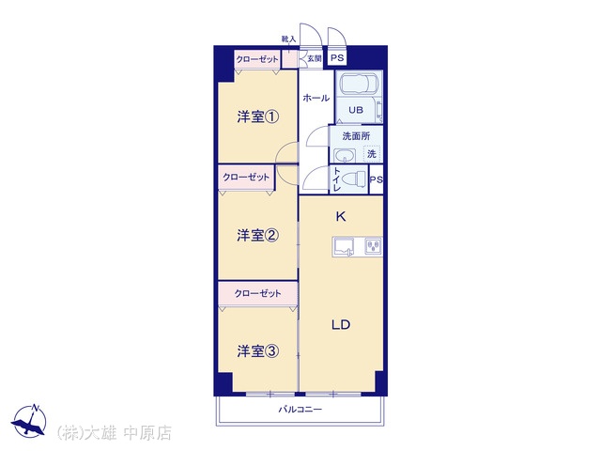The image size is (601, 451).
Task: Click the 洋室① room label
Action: tap(257, 117)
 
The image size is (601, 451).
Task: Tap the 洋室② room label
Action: tap(257, 235)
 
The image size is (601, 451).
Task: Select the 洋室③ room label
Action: tap(257, 350)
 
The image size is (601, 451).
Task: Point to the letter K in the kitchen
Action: tap(341, 217)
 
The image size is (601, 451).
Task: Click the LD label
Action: tap(341, 325)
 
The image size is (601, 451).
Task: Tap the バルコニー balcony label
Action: tap(300, 410)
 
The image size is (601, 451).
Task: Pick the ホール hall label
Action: tap(316, 98)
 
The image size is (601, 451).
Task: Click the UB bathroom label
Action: tap(356, 110)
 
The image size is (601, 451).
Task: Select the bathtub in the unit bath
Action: tap(360, 84)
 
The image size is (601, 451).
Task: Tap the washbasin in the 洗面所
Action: tap(345, 157)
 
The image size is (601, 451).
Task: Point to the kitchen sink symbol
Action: tap(344, 246)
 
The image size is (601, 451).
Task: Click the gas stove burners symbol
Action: tap(373, 246)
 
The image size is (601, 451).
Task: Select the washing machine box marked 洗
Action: tap(372, 154)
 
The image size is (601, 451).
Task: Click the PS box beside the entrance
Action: tap(337, 58)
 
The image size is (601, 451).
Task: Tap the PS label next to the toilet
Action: tap(376, 179)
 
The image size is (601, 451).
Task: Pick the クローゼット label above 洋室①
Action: tap(256, 59)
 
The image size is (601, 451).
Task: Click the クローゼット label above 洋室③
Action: tap(257, 294)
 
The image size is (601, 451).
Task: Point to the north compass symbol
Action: tap(29, 421)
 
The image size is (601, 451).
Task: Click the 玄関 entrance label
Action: tap(315, 58)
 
